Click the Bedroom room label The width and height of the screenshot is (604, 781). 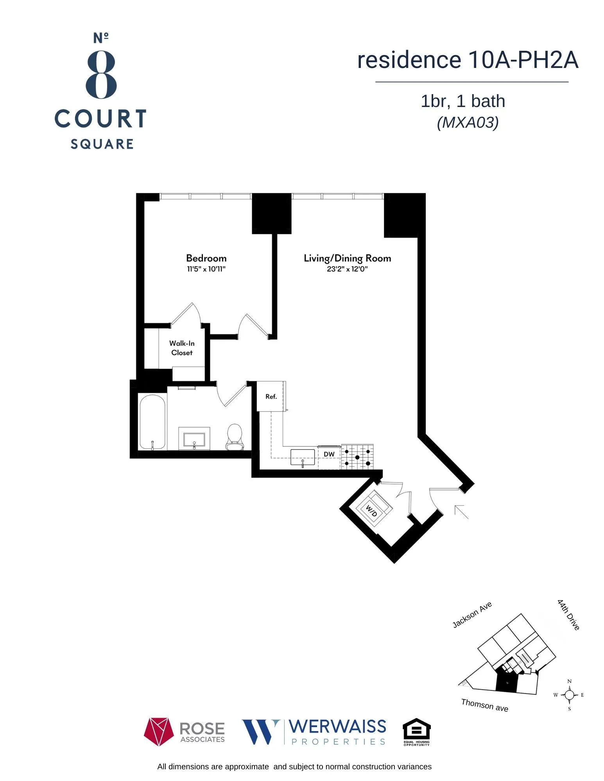pyautogui.click(x=206, y=258)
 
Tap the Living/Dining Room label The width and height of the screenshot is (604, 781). pyautogui.click(x=347, y=258)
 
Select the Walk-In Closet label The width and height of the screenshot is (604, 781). pyautogui.click(x=182, y=348)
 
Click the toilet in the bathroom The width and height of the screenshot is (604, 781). pyautogui.click(x=235, y=437)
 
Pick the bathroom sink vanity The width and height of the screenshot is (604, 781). pyautogui.click(x=194, y=439)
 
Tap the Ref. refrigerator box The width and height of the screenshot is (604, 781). pyautogui.click(x=271, y=396)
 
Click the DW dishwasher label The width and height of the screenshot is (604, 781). pyautogui.click(x=329, y=454)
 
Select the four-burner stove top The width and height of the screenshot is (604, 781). pyautogui.click(x=357, y=457)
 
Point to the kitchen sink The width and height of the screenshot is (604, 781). pyautogui.click(x=303, y=457)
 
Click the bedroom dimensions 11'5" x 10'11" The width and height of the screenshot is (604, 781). pyautogui.click(x=206, y=269)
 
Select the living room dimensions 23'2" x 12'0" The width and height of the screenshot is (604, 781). pyautogui.click(x=347, y=269)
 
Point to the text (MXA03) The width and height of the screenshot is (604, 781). pyautogui.click(x=468, y=123)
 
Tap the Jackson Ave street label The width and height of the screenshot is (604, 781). pyautogui.click(x=471, y=615)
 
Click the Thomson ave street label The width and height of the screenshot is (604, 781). pyautogui.click(x=484, y=705)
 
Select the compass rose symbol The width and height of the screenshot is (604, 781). pyautogui.click(x=569, y=695)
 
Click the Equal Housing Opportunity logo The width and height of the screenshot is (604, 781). pyautogui.click(x=416, y=732)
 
